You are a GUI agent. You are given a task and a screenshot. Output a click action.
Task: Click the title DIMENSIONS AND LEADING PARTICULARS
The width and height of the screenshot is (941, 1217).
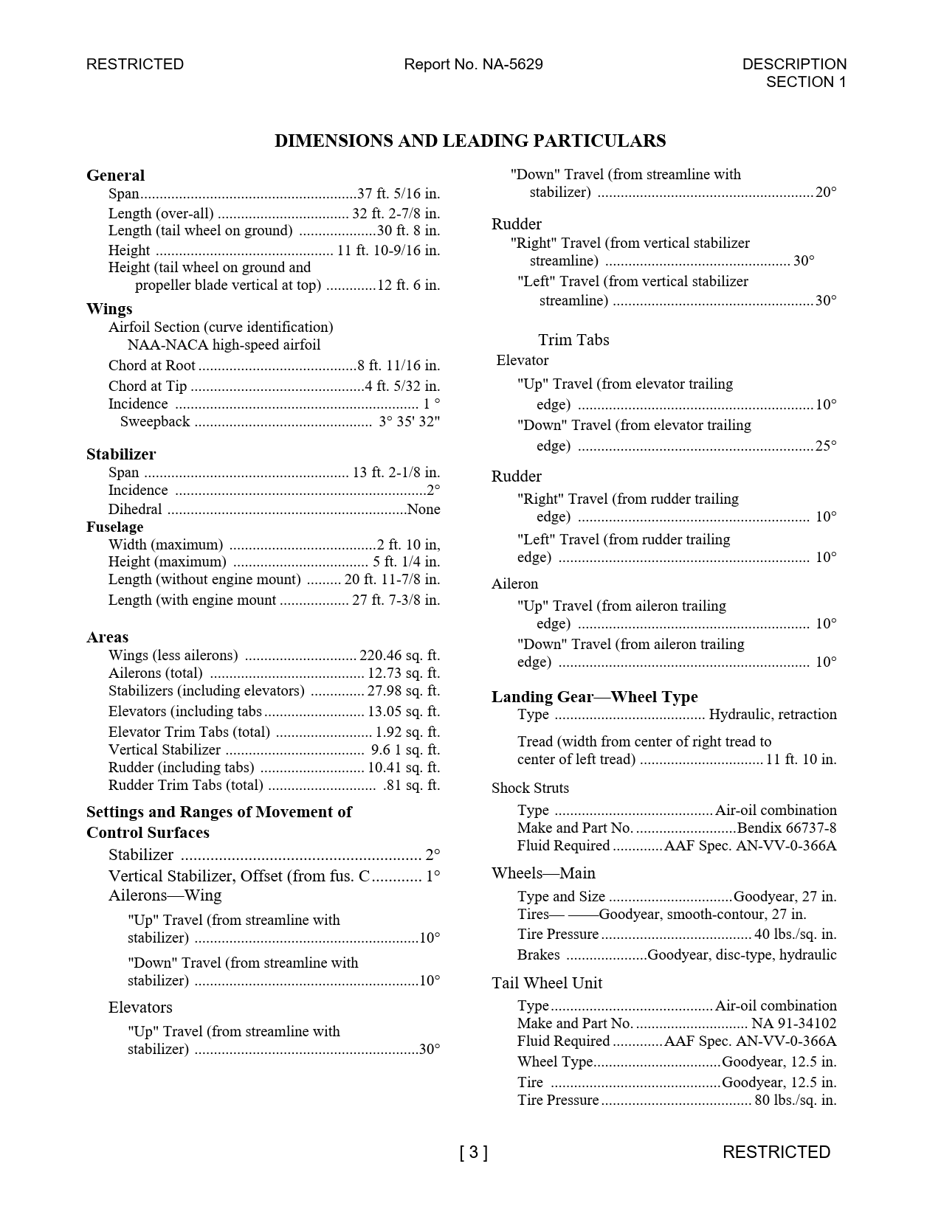[x=470, y=141]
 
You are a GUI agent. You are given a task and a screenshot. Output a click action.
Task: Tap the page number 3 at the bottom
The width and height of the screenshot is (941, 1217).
[x=473, y=1152]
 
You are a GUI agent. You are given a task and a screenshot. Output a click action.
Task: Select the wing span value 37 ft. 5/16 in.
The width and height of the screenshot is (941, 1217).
[x=399, y=194]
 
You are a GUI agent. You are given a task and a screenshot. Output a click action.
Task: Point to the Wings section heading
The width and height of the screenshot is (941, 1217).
[x=109, y=308]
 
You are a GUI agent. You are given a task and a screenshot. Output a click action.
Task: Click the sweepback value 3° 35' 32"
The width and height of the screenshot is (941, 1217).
[x=409, y=422]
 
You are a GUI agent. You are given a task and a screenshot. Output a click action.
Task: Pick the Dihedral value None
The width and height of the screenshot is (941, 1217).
[x=424, y=510]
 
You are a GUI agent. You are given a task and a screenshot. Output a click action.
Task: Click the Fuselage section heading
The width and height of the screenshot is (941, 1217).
[x=114, y=527]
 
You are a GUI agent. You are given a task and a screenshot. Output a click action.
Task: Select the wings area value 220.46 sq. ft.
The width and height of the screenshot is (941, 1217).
[x=399, y=656]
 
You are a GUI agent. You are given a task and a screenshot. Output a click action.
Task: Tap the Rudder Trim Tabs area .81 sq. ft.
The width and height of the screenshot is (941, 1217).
[x=411, y=786]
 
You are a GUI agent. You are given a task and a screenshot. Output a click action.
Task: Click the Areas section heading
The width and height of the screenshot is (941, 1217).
[x=107, y=637]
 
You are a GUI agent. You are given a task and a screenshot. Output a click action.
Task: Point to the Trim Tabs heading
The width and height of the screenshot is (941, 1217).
[x=573, y=340]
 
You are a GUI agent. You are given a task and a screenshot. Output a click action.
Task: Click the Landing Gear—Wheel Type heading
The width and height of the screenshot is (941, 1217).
[x=594, y=697]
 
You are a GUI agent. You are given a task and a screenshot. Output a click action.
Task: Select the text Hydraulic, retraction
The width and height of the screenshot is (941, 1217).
[x=772, y=715]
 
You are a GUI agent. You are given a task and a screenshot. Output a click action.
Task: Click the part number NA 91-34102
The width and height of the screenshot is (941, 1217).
[x=793, y=1024]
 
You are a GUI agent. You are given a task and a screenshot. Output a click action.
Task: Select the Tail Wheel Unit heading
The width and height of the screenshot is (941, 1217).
[x=546, y=983]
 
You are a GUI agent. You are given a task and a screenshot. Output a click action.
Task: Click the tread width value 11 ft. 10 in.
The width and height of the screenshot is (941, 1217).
[x=801, y=760]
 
